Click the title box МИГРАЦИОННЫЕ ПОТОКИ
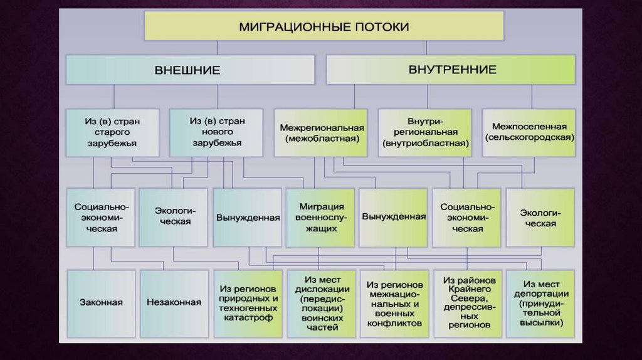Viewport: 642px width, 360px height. [x=324, y=26]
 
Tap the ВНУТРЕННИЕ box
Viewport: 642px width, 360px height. [x=451, y=70]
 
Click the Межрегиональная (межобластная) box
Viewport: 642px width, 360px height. [x=322, y=132]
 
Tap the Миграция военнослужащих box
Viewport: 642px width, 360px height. [x=322, y=218]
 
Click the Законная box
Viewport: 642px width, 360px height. [x=101, y=302]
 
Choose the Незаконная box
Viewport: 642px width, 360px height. [x=174, y=302]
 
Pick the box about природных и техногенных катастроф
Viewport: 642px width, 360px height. [x=248, y=303]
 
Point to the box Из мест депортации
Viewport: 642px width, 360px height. [x=540, y=303]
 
